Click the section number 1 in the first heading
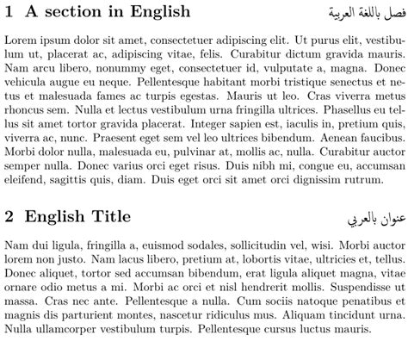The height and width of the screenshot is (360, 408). (9, 13)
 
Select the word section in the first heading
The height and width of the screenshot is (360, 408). (72, 13)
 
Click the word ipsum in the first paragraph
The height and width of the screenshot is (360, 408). (61, 40)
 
